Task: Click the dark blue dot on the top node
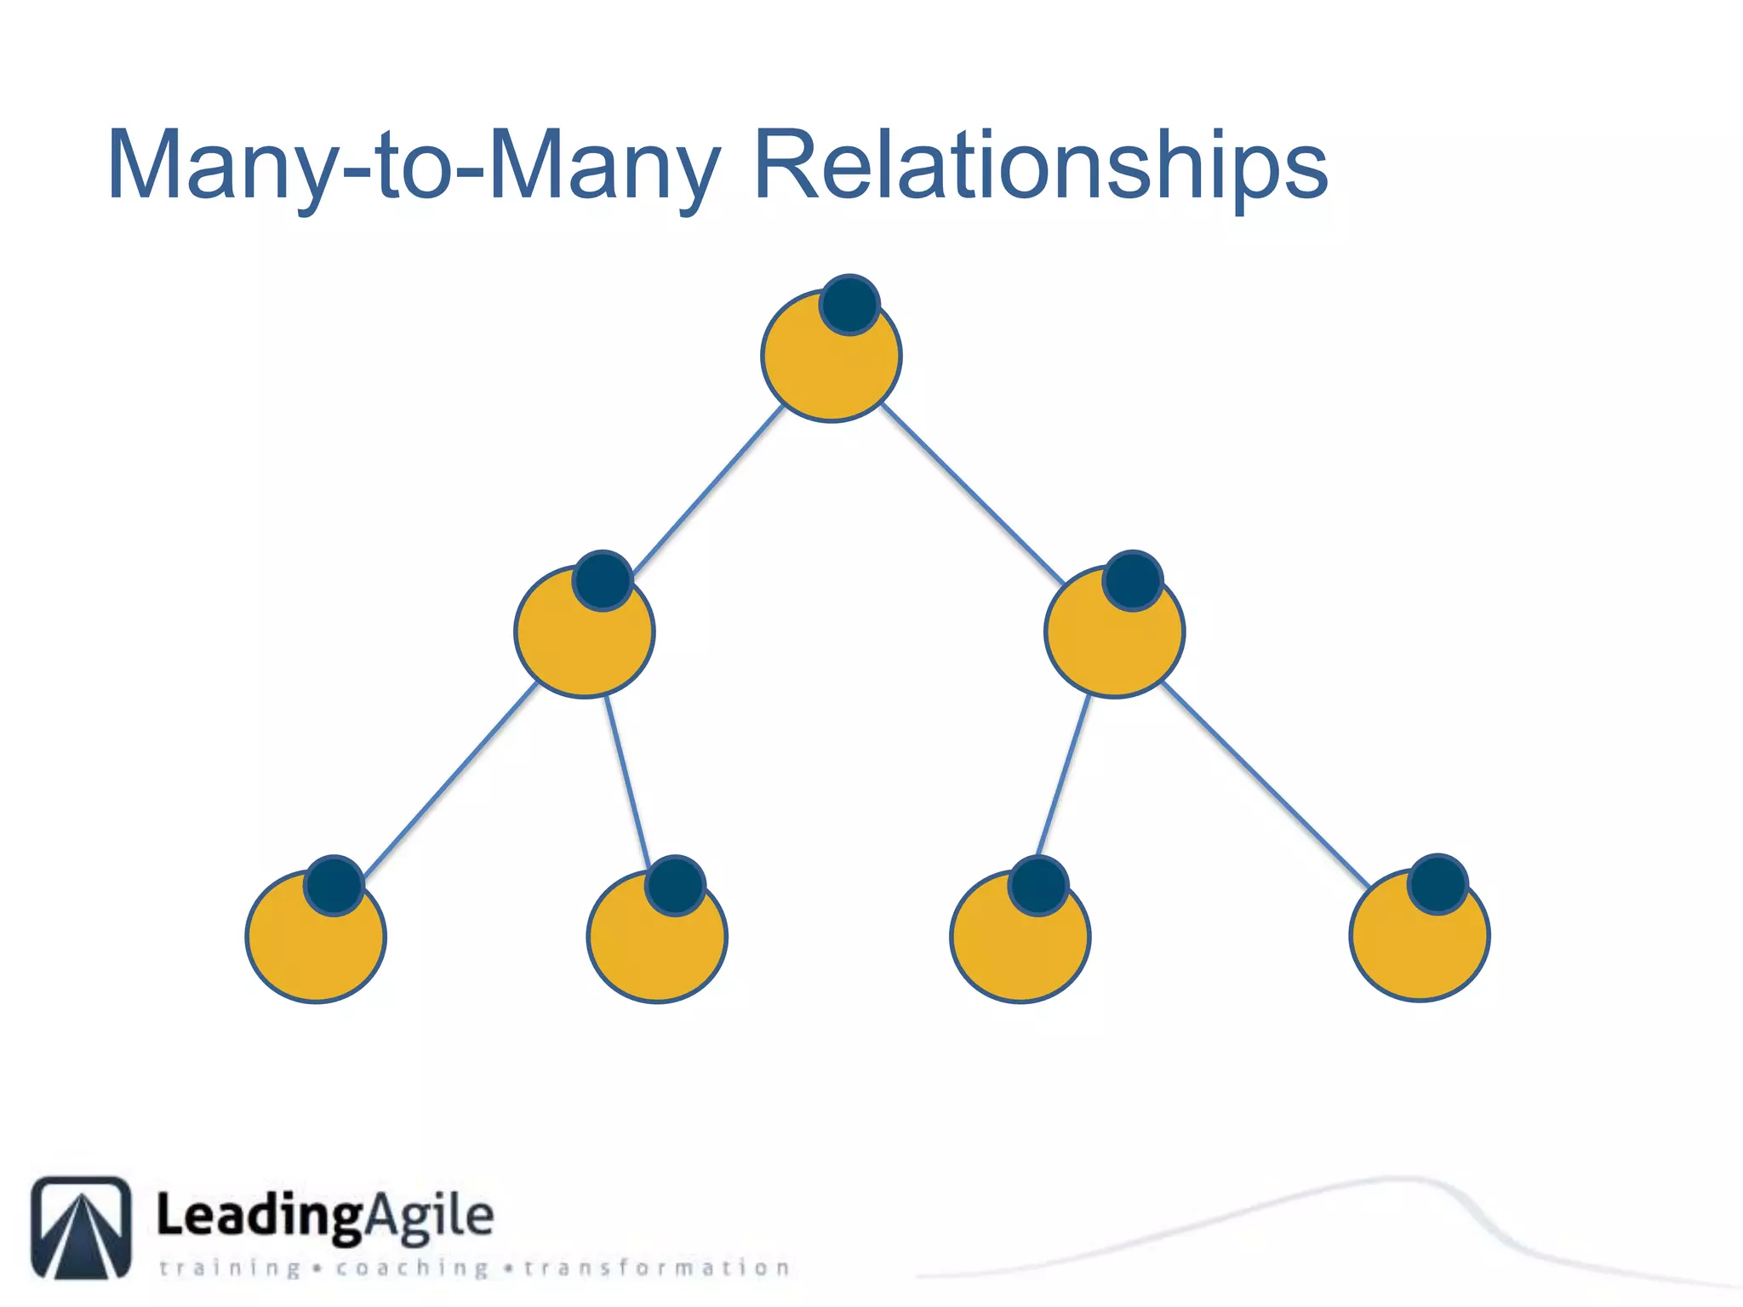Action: (x=849, y=305)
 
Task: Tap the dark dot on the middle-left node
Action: (x=603, y=581)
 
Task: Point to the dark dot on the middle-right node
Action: (x=1133, y=581)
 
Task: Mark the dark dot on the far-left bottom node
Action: (x=334, y=885)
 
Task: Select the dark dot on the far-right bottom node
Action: (x=1437, y=884)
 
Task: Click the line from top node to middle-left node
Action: (x=708, y=489)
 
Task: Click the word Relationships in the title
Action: (x=1040, y=165)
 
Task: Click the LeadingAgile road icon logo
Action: (x=82, y=1227)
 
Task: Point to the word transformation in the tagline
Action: (x=656, y=1268)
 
